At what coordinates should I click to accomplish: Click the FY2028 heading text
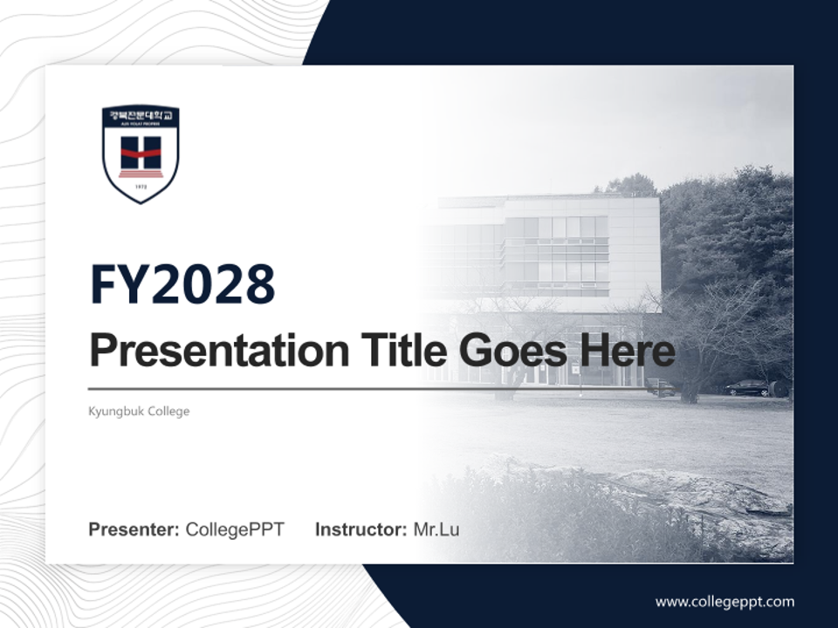[182, 284]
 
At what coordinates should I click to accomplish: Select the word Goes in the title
[511, 351]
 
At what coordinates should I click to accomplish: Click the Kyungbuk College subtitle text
[139, 411]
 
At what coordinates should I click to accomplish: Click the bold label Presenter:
[134, 529]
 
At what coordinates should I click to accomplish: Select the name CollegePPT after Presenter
[235, 529]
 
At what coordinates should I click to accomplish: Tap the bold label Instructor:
[361, 529]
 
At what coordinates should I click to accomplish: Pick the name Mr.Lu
[436, 529]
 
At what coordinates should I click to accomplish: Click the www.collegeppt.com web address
[725, 601]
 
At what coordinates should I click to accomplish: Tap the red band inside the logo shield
[141, 154]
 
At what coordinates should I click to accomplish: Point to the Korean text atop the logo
[141, 114]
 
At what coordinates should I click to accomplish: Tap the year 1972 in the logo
[141, 186]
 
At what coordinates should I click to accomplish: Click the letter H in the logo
[141, 153]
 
